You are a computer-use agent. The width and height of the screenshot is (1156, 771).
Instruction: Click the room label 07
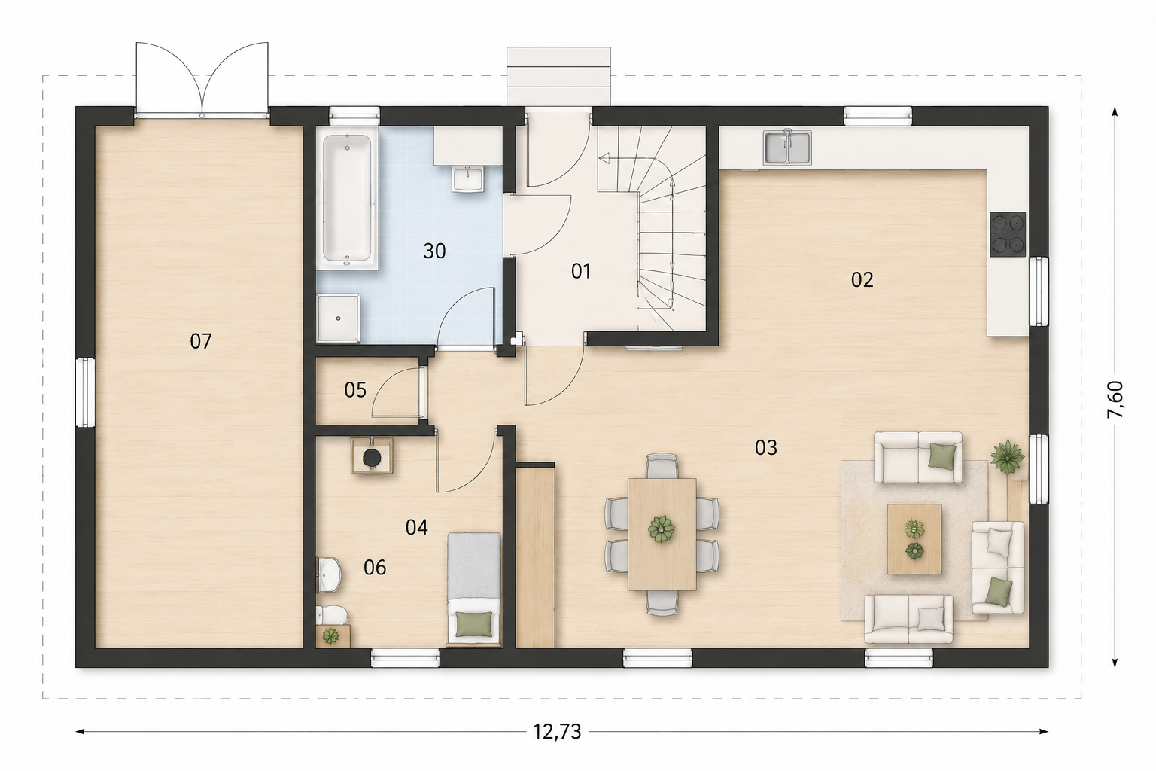201,341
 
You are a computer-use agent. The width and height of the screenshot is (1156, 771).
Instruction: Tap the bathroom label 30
434,251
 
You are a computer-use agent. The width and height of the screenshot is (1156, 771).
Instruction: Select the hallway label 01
581,271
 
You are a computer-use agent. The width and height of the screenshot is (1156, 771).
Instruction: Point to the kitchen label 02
862,280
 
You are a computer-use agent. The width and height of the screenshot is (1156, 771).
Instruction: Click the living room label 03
766,448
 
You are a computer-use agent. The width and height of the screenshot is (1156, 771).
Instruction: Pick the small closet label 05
355,391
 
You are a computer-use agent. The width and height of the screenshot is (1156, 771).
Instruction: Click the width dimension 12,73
558,732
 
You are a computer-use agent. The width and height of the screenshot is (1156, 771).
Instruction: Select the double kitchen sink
788,147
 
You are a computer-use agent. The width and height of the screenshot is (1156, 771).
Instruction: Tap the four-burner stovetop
1008,234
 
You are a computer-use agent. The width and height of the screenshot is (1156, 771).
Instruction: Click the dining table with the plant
662,534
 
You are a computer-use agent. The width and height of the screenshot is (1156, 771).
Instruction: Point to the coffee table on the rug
914,539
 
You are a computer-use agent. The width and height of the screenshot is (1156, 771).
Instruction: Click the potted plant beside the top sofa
1007,456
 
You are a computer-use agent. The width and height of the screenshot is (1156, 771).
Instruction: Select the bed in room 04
474,589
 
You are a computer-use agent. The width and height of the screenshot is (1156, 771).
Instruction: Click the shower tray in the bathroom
338,318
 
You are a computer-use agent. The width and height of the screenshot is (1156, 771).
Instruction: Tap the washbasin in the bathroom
468,179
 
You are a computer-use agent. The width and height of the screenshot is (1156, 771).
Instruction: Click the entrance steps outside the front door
559,77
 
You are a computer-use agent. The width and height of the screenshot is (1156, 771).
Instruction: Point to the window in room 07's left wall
85,393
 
